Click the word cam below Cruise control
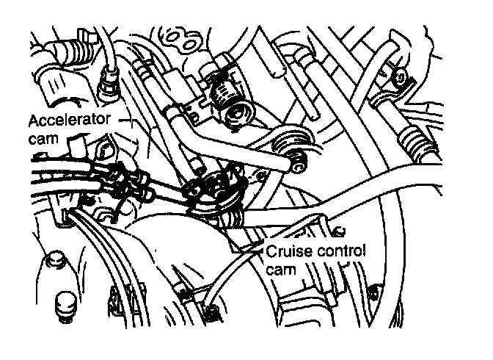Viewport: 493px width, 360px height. (282, 270)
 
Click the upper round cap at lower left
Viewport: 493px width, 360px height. (53, 260)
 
